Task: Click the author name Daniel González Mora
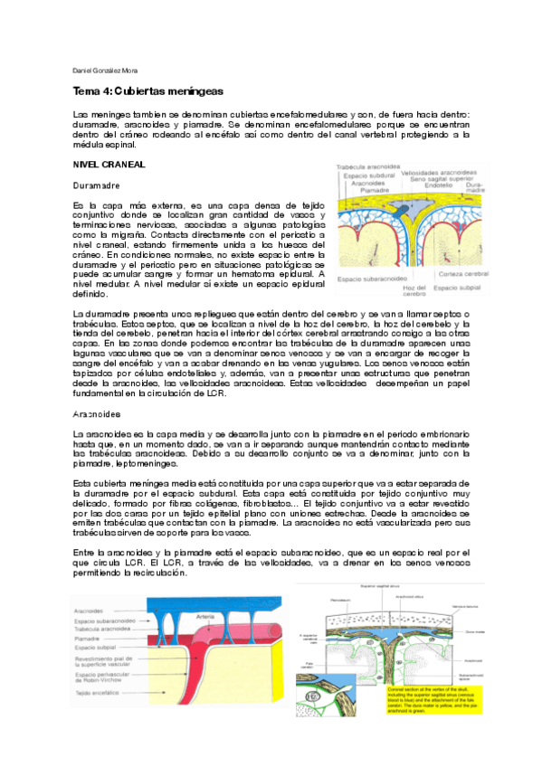(104, 71)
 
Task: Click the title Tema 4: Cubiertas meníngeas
(147, 92)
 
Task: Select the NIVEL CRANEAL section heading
(109, 164)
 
